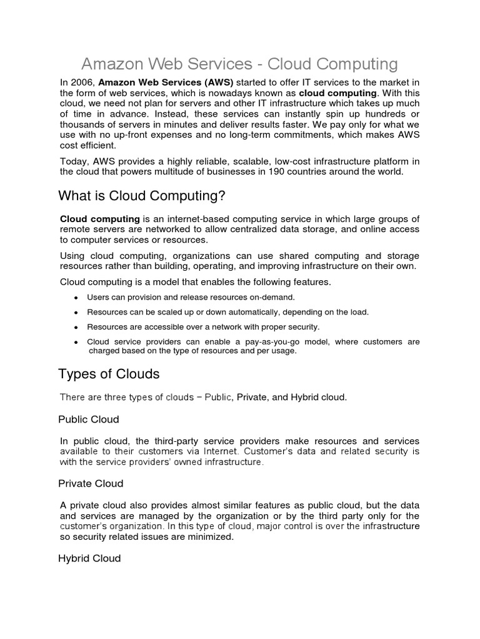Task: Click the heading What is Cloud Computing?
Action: click(141, 197)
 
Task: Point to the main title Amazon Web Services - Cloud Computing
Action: click(239, 64)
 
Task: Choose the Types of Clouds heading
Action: click(109, 374)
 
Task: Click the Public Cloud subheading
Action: click(88, 419)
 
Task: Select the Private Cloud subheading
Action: click(91, 484)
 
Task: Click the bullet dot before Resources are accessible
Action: click(76, 328)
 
